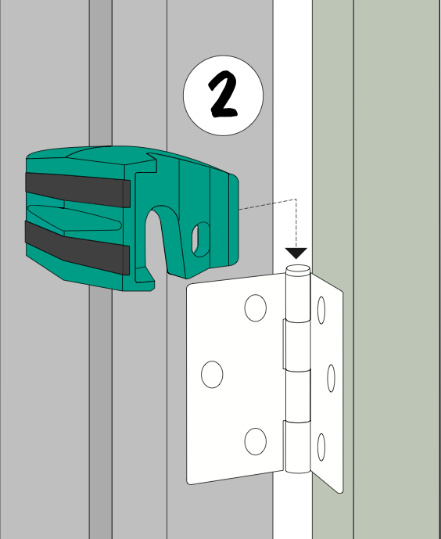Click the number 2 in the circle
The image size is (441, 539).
[x=224, y=95]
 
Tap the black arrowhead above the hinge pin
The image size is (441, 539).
[x=296, y=253]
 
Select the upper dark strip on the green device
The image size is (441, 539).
[x=77, y=190]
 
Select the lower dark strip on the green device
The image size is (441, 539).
[x=77, y=247]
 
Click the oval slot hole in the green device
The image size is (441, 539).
[x=201, y=239]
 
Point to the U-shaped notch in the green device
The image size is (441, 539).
[x=156, y=237]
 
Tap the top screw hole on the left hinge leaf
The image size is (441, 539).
[x=255, y=307]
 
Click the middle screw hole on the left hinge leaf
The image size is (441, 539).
[x=212, y=375]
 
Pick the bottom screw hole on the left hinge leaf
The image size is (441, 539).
[x=255, y=441]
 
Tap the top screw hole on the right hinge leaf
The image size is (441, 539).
[x=321, y=310]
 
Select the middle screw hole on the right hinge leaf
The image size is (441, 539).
[x=331, y=378]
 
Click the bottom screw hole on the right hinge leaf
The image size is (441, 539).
[x=321, y=447]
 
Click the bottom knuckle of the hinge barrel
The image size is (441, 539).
[x=297, y=447]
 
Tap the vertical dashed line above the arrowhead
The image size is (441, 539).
[x=296, y=224]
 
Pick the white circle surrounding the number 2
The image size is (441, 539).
[x=224, y=56]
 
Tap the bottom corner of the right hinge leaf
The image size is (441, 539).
[x=341, y=493]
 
